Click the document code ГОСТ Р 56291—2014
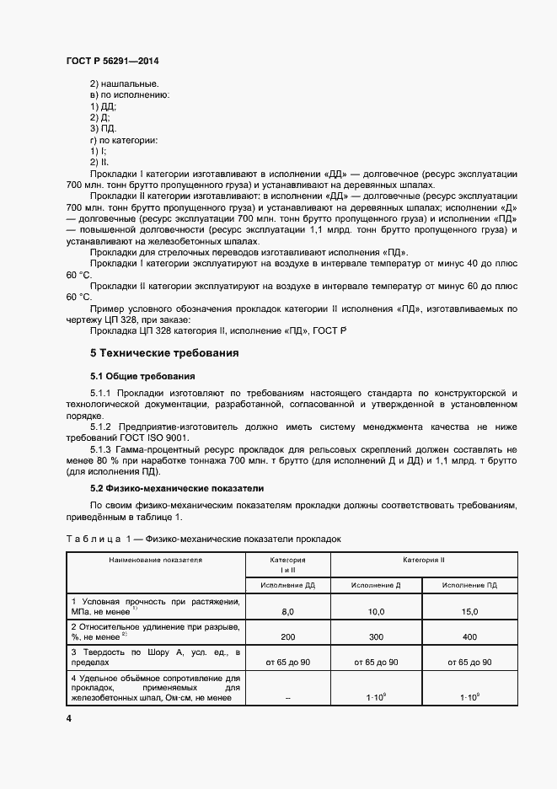point(111,62)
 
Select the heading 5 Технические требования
point(164,352)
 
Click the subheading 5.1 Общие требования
point(143,375)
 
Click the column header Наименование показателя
point(155,559)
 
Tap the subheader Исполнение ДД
point(287,584)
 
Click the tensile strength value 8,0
point(287,611)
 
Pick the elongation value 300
point(376,637)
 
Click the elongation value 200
point(287,637)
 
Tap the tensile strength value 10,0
point(376,611)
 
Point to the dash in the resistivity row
point(287,698)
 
